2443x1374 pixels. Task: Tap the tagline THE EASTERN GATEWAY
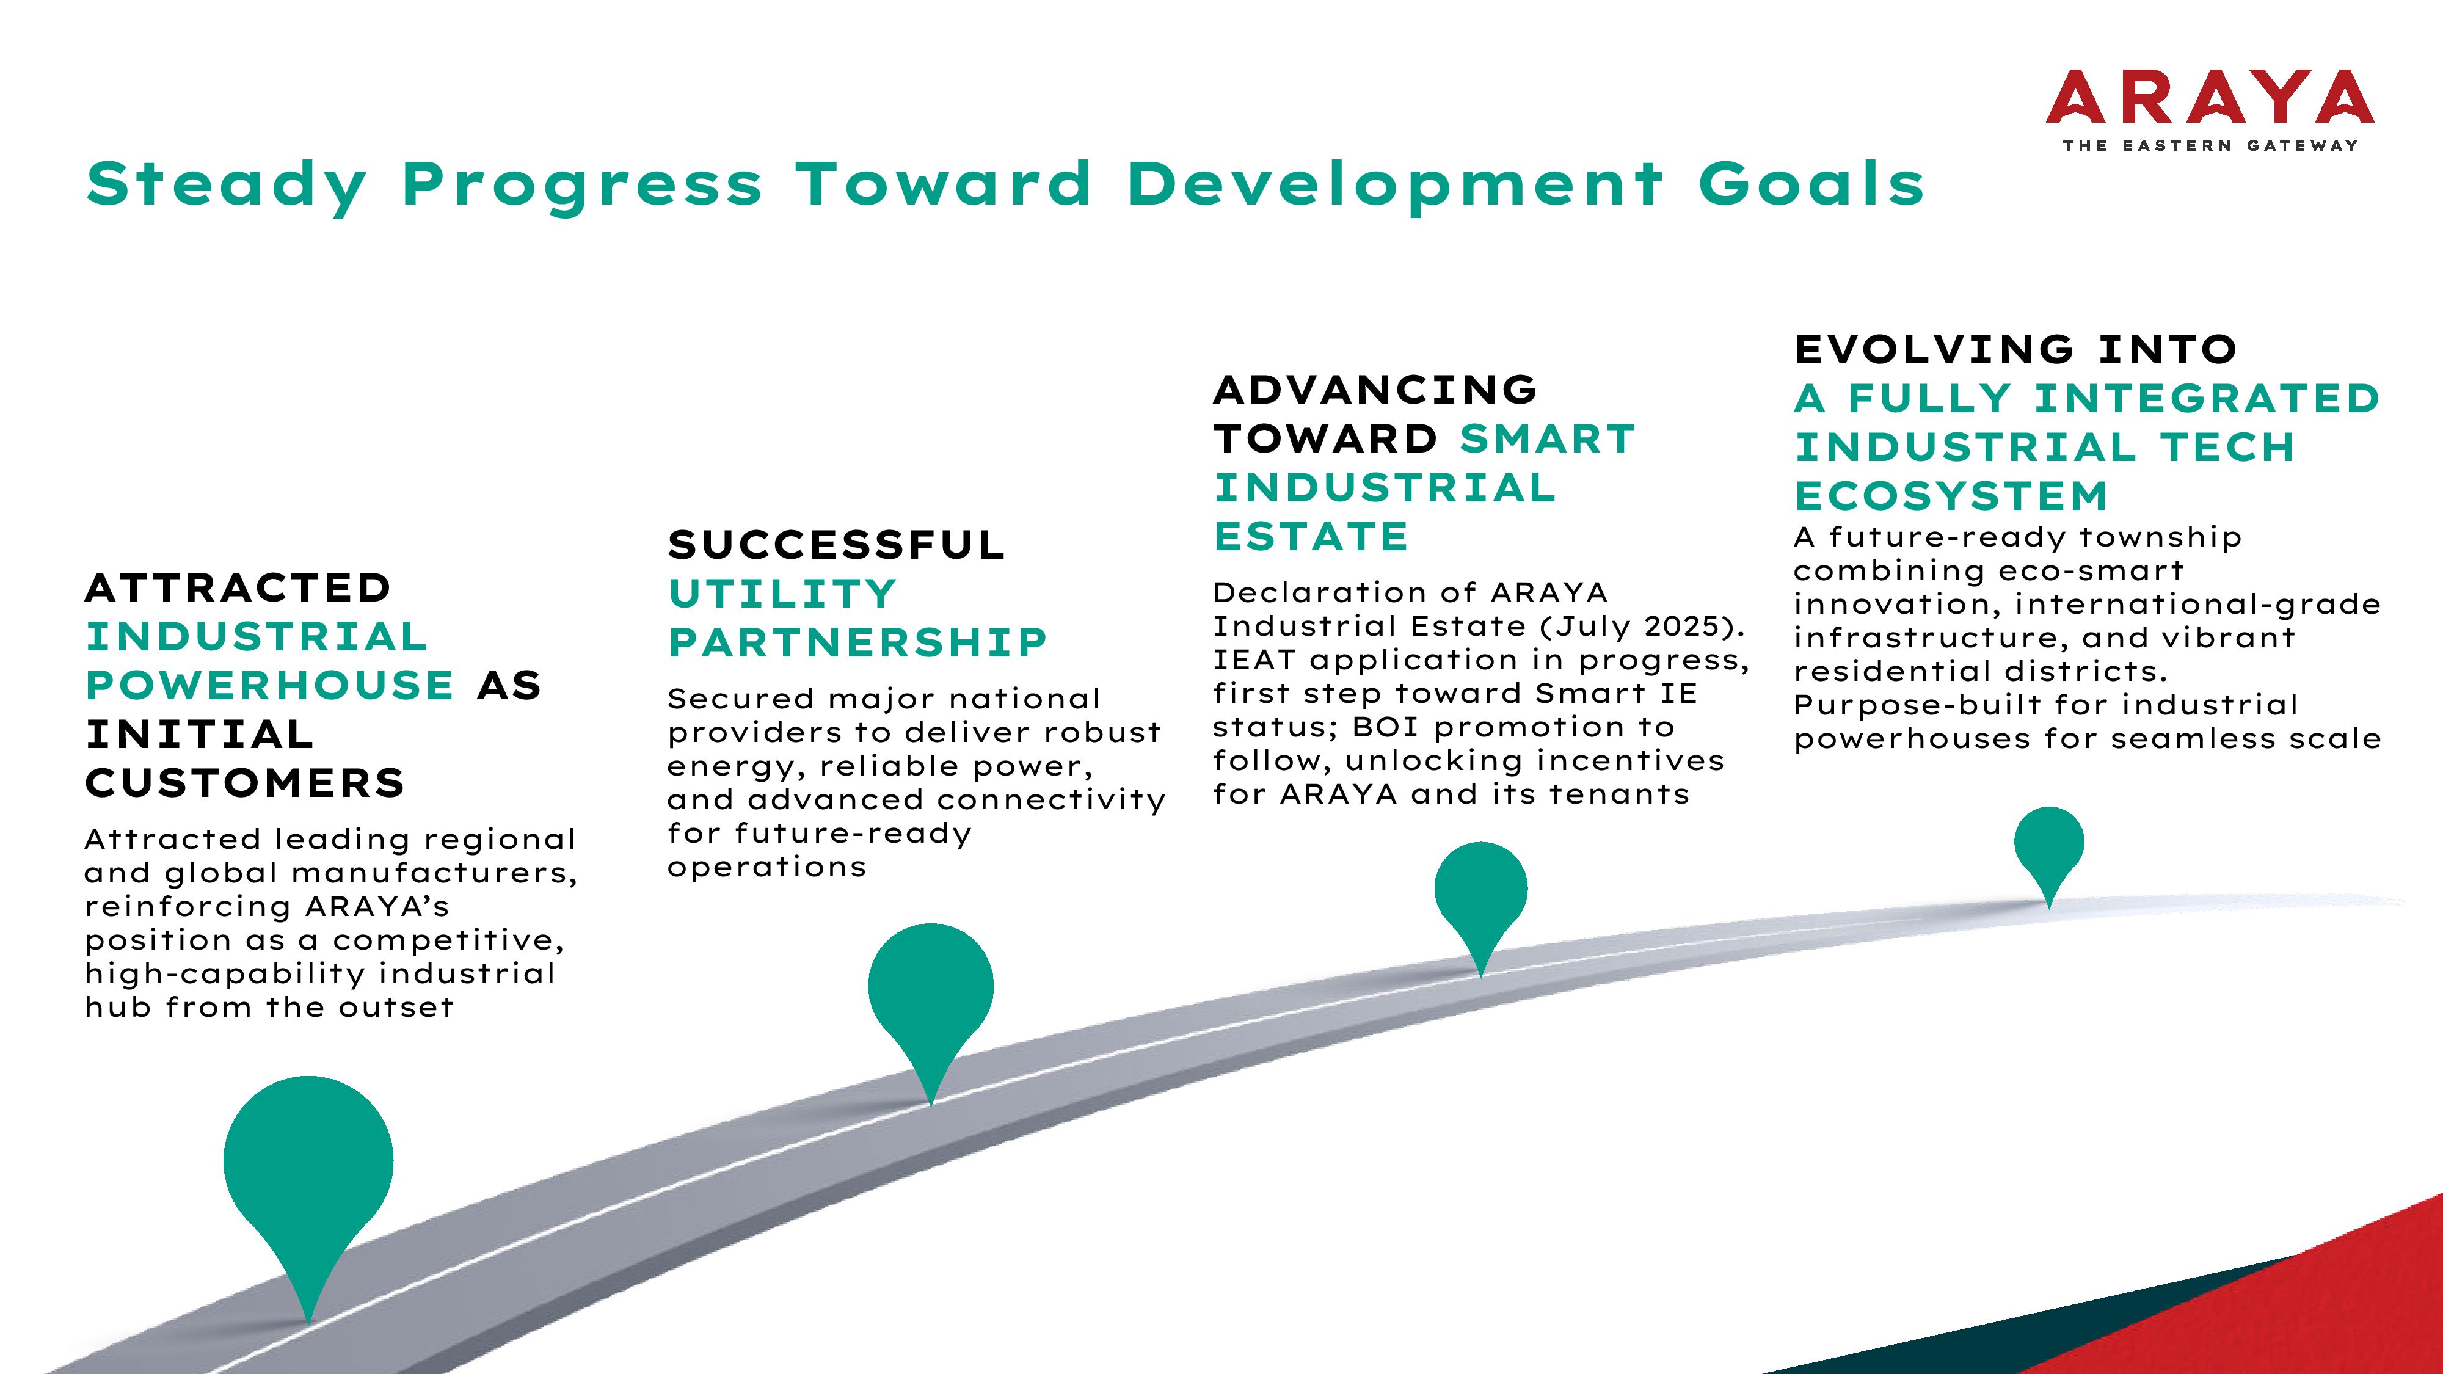[x=2210, y=146]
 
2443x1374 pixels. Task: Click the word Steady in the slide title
[x=227, y=185]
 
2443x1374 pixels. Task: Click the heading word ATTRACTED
[x=238, y=588]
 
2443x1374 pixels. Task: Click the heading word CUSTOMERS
[x=246, y=783]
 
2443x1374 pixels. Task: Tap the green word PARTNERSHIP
[x=858, y=643]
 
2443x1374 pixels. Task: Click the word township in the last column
[x=2160, y=537]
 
